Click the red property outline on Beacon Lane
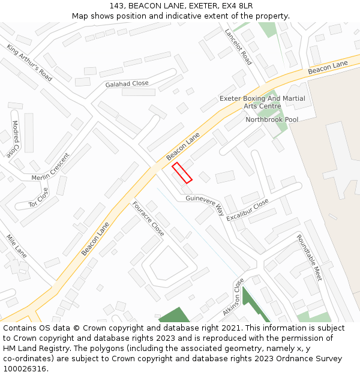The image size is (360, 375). coord(182,173)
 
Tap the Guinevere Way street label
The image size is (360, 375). coord(204,205)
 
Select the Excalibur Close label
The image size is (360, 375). coord(248,211)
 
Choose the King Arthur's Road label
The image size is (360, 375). coord(29,62)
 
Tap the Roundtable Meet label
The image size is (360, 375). coord(309,257)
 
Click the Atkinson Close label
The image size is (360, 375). coord(233,297)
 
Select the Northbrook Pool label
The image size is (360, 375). coord(272,119)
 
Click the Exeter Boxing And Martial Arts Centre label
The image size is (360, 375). coord(262,102)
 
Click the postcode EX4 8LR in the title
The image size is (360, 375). coord(236,5)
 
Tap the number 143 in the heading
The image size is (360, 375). coord(117,5)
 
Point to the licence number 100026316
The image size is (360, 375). coord(25,369)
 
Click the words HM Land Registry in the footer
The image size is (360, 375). coord(31,349)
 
